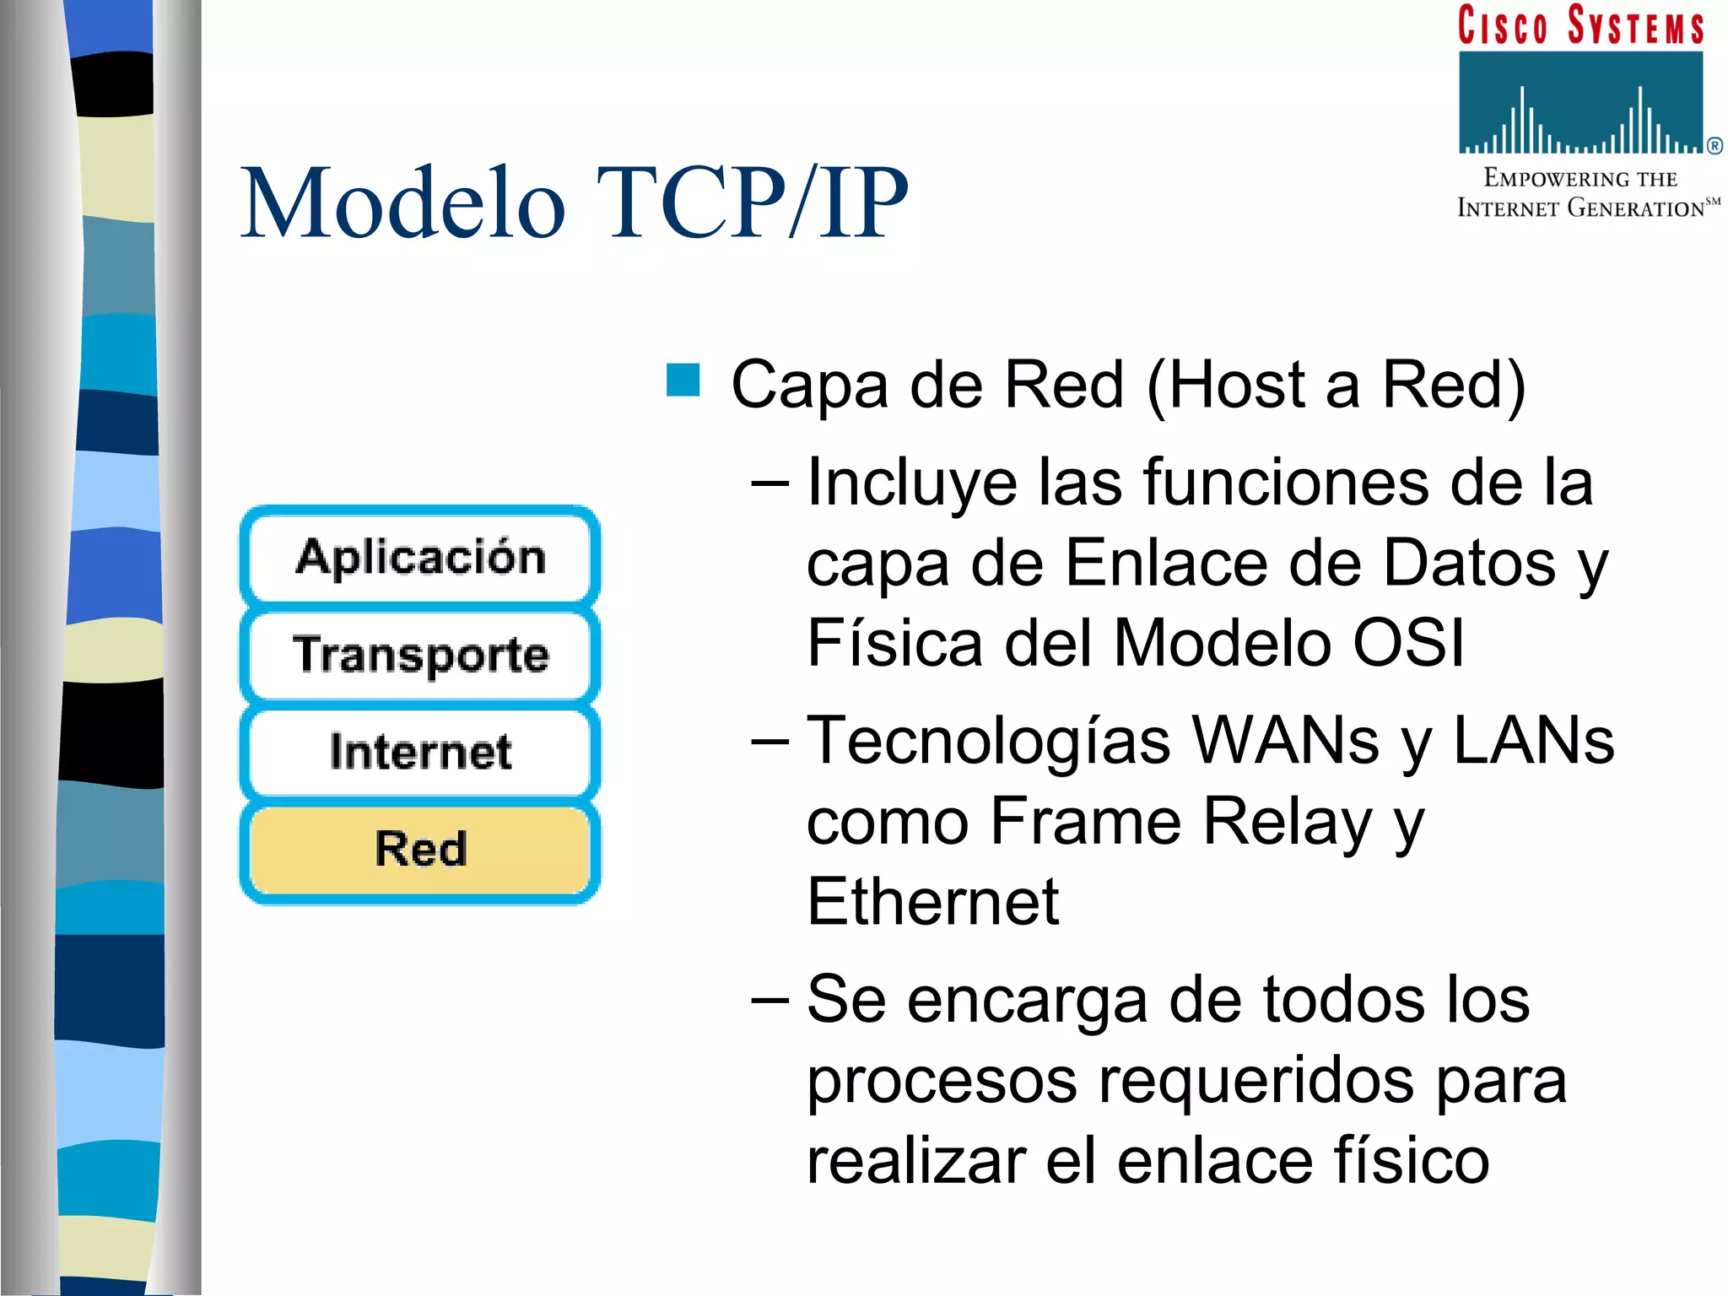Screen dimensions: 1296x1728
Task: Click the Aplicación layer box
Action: pyautogui.click(x=420, y=557)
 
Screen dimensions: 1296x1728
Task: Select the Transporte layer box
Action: pyautogui.click(x=420, y=655)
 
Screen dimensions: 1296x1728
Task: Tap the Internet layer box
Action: pyautogui.click(x=420, y=752)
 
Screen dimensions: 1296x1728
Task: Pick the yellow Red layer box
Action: pyautogui.click(x=420, y=849)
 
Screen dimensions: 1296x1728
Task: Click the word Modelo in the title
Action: pyautogui.click(x=403, y=204)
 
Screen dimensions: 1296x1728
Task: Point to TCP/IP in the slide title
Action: pyautogui.click(x=753, y=204)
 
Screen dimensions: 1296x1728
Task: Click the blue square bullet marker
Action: pyautogui.click(x=683, y=380)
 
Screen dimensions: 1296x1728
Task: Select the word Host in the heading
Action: pyautogui.click(x=1237, y=385)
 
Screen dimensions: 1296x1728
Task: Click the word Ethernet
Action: pyautogui.click(x=932, y=902)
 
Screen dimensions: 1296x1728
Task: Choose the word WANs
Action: pyautogui.click(x=1286, y=741)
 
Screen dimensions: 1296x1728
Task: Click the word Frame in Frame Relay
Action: pyautogui.click(x=1085, y=821)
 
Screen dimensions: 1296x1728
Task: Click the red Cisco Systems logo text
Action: pyautogui.click(x=1581, y=25)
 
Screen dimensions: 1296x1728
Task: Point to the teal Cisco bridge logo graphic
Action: pyautogui.click(x=1581, y=103)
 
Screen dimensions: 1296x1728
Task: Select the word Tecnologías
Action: pyautogui.click(x=989, y=741)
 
